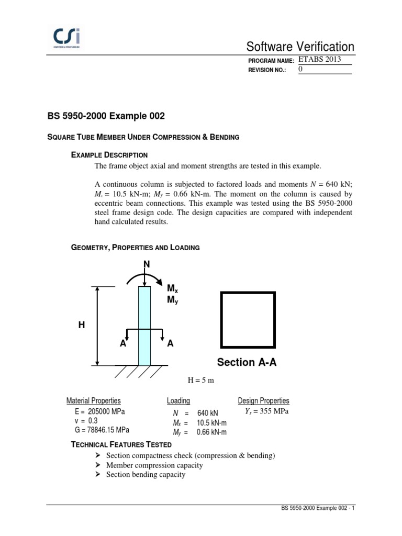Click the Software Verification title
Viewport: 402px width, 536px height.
click(x=303, y=47)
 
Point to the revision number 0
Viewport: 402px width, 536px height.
click(x=300, y=69)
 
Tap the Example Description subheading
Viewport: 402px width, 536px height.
click(x=109, y=155)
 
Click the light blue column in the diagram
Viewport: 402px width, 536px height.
click(x=144, y=325)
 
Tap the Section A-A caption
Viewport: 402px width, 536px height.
click(x=247, y=362)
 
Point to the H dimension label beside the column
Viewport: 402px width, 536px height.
click(x=81, y=325)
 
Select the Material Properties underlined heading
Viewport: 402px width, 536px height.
click(x=94, y=401)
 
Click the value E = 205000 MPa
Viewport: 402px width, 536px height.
click(x=100, y=411)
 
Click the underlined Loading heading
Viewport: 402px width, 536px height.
click(x=178, y=401)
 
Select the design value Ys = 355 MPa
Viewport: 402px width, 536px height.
click(x=267, y=411)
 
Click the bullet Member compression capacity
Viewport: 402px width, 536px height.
click(x=154, y=465)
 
